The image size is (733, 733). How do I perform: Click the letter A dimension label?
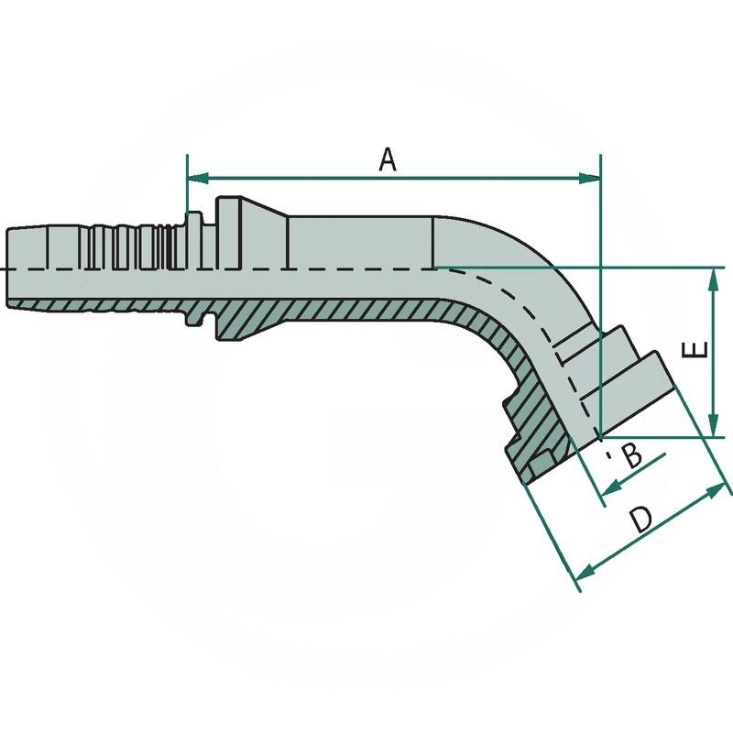point(388,160)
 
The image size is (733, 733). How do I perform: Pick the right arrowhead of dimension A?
point(593,178)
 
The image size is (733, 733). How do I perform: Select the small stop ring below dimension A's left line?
point(194,267)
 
